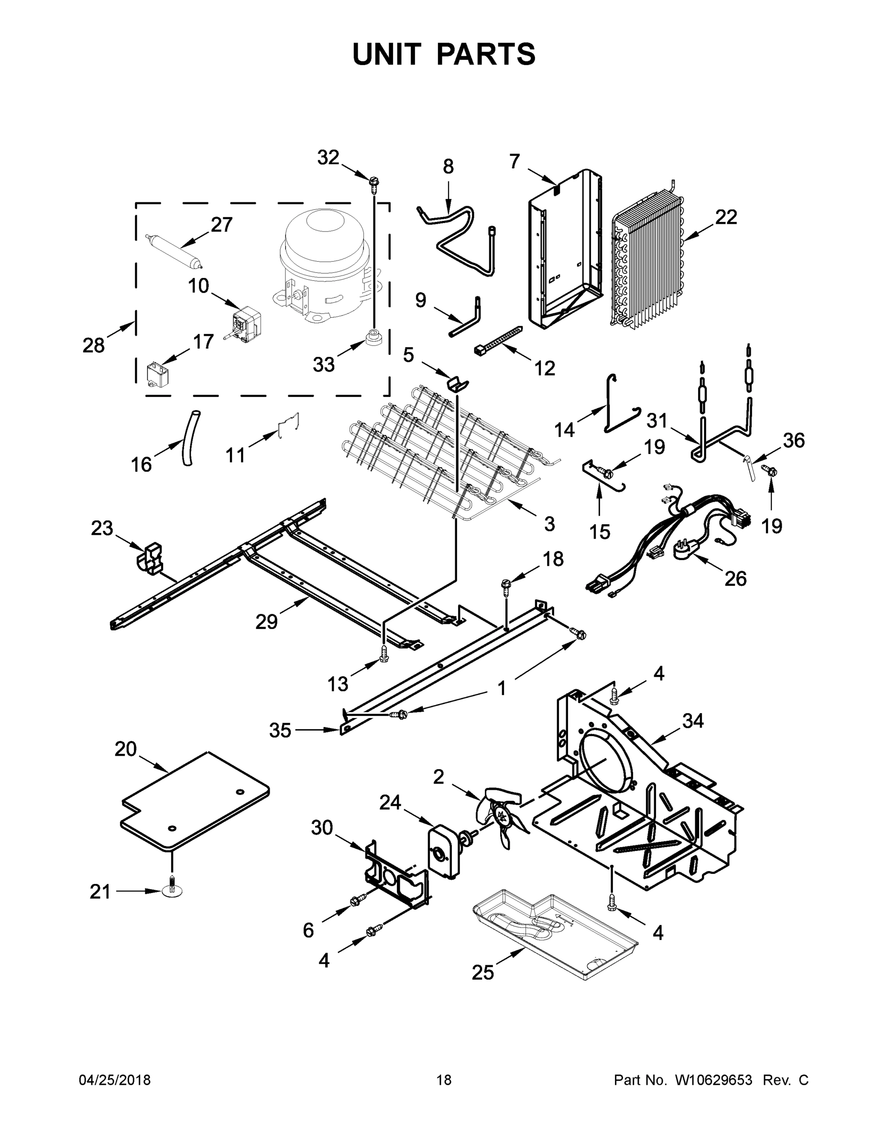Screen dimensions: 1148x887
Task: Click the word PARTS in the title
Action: pyautogui.click(x=486, y=55)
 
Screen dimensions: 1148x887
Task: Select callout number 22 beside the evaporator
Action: pyautogui.click(x=726, y=217)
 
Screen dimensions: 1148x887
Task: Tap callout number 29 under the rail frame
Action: pyautogui.click(x=266, y=622)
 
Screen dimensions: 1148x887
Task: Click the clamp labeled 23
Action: pyautogui.click(x=149, y=558)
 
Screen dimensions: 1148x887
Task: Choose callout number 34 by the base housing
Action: pyautogui.click(x=692, y=721)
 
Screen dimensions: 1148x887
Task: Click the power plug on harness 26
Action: pyautogui.click(x=684, y=551)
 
